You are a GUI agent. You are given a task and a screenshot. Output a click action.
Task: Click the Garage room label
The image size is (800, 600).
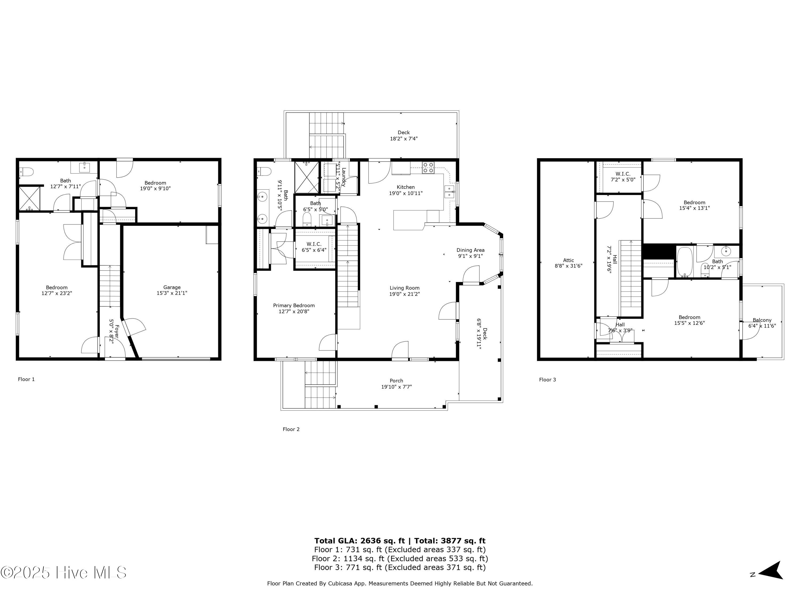click(172, 287)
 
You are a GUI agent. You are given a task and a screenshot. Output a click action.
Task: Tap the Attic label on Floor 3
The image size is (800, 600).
click(568, 260)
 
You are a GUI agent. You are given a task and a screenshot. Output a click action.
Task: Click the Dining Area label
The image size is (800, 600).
click(470, 250)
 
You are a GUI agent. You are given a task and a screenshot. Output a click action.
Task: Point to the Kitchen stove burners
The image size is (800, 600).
click(428, 167)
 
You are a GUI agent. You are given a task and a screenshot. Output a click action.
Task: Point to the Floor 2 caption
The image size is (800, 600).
click(291, 429)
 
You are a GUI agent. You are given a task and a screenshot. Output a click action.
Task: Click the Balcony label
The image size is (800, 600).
click(762, 320)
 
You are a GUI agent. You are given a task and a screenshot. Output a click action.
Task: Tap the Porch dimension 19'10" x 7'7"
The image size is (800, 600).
click(396, 387)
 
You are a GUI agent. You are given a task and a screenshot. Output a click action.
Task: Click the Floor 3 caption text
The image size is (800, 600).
click(547, 379)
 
